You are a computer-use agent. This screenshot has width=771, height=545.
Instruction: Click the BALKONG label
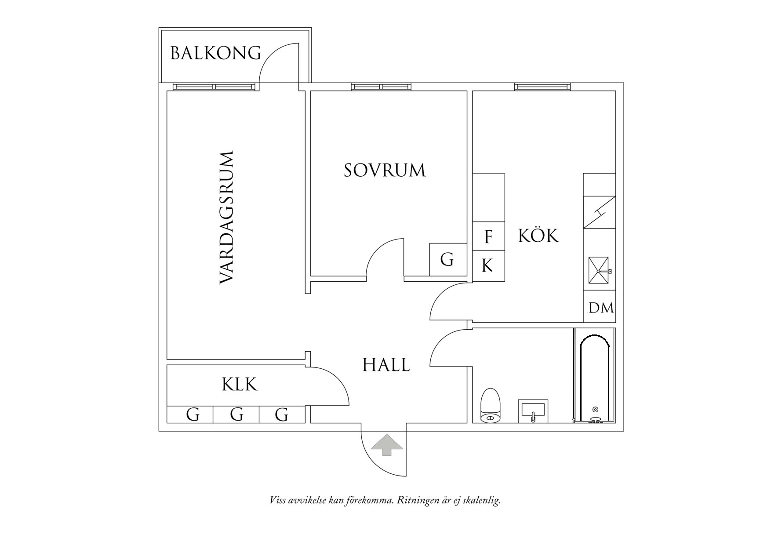click(x=215, y=53)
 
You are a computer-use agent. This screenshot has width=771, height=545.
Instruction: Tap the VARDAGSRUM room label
click(x=226, y=218)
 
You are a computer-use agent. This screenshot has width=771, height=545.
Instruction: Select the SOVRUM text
click(x=385, y=171)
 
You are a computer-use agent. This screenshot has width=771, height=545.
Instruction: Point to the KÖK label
click(x=538, y=236)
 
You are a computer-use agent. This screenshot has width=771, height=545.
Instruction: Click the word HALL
click(x=386, y=365)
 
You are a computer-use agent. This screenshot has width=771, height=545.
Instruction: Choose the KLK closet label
click(x=239, y=385)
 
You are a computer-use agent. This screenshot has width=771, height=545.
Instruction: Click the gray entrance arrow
click(x=386, y=445)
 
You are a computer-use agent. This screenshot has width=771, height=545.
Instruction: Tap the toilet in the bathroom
click(x=491, y=405)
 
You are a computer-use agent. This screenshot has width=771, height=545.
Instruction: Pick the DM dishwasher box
click(x=600, y=308)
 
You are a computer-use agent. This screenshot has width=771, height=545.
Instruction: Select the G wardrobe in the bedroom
click(x=447, y=260)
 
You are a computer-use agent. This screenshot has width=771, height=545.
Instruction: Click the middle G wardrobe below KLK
click(x=236, y=414)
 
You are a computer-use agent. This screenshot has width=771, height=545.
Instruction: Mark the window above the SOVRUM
click(x=381, y=87)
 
